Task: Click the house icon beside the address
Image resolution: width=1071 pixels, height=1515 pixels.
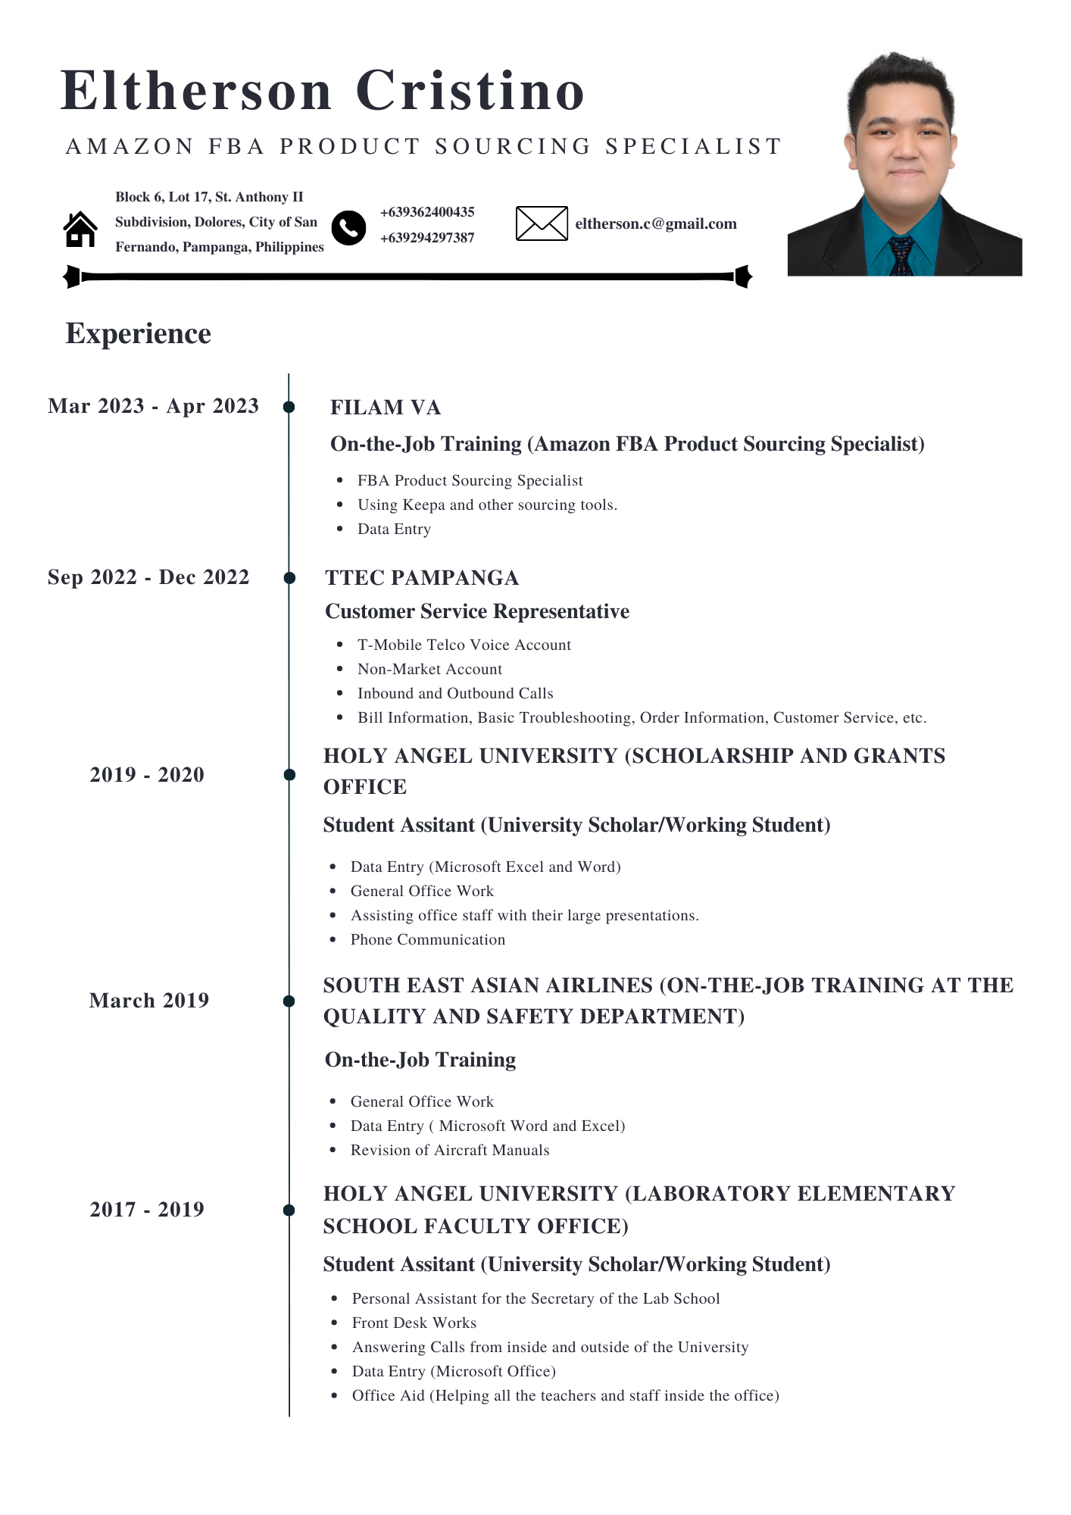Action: [x=80, y=229]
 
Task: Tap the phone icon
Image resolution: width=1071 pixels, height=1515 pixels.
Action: [x=348, y=227]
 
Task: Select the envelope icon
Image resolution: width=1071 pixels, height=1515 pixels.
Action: [x=542, y=223]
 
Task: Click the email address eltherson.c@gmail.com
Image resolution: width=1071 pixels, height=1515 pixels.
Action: [x=656, y=223]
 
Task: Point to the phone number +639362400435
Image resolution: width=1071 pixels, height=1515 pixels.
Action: [x=427, y=212]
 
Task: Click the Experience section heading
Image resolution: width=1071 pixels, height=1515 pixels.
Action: [x=139, y=333]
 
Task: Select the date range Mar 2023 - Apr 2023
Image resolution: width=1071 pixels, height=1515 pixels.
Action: [x=153, y=406]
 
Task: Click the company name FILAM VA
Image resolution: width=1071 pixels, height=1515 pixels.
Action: [x=386, y=408]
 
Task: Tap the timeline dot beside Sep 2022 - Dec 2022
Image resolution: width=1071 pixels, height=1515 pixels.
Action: [x=289, y=578]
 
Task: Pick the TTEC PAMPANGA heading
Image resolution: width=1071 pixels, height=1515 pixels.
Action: [x=422, y=578]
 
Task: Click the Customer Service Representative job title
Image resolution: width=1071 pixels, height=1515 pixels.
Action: [x=477, y=611]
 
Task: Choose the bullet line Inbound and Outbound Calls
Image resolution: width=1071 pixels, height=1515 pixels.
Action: [x=455, y=693]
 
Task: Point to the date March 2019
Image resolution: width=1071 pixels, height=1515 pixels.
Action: [x=149, y=1001]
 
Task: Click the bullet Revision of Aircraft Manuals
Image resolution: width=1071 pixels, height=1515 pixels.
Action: [x=450, y=1150]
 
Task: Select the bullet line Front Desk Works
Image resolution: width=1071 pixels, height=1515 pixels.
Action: [x=414, y=1323]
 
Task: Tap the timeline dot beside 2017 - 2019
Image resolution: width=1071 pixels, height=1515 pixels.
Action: [x=289, y=1210]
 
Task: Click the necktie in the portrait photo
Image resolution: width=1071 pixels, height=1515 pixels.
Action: [x=901, y=255]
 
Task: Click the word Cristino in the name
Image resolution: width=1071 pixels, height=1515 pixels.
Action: [x=470, y=91]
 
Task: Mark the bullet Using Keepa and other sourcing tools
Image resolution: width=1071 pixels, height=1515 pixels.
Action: [x=487, y=504]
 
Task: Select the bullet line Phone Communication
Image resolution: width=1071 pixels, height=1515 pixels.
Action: [x=428, y=939]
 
